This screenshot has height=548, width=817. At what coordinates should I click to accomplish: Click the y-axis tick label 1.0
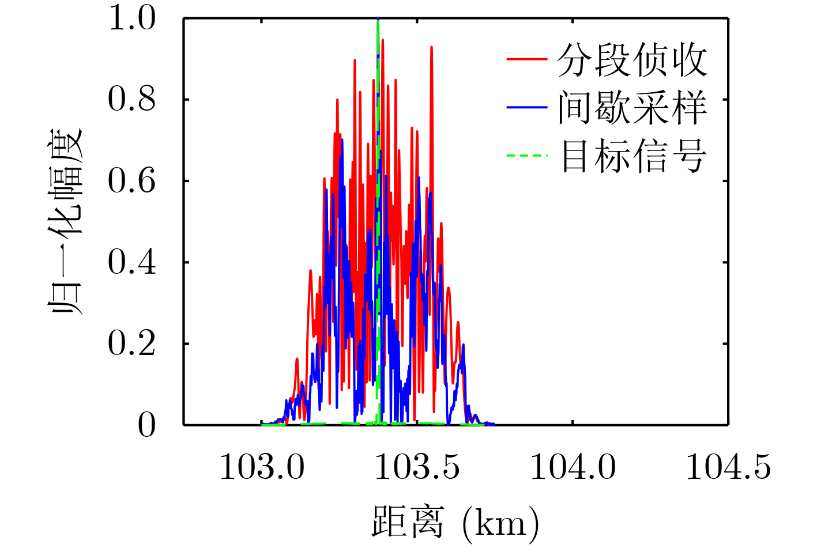tap(131, 18)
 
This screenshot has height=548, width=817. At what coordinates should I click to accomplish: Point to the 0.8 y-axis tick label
tap(131, 100)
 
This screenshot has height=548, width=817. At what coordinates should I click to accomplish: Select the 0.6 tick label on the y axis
tap(131, 182)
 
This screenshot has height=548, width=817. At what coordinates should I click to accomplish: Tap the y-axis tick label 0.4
tap(131, 263)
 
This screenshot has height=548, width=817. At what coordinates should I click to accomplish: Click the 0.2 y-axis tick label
tap(131, 344)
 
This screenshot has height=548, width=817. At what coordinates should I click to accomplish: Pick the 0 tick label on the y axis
tap(146, 426)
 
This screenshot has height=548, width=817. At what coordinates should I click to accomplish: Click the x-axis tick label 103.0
tap(262, 467)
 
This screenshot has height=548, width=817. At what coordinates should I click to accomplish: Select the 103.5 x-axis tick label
tap(417, 467)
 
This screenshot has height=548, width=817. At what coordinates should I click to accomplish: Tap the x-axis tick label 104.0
tap(573, 467)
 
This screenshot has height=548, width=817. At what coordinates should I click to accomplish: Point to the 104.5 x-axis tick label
tap(728, 467)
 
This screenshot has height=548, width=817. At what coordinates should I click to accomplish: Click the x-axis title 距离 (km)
tap(455, 522)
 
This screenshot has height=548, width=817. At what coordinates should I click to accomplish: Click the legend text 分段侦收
tap(632, 60)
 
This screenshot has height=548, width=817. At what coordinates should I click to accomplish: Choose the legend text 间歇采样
tap(632, 108)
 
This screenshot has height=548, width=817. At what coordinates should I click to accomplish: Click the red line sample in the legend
tap(526, 59)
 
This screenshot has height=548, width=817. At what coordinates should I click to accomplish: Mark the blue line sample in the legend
tap(526, 107)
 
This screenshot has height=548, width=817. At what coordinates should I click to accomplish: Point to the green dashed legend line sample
tap(526, 155)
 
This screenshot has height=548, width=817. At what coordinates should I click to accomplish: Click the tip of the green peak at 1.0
tap(378, 20)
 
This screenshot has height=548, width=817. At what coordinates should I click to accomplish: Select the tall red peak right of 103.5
tap(431, 48)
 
